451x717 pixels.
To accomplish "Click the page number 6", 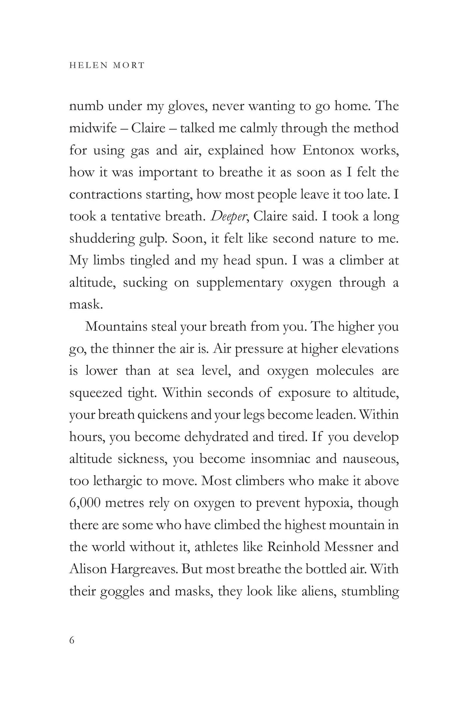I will tap(72, 640).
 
